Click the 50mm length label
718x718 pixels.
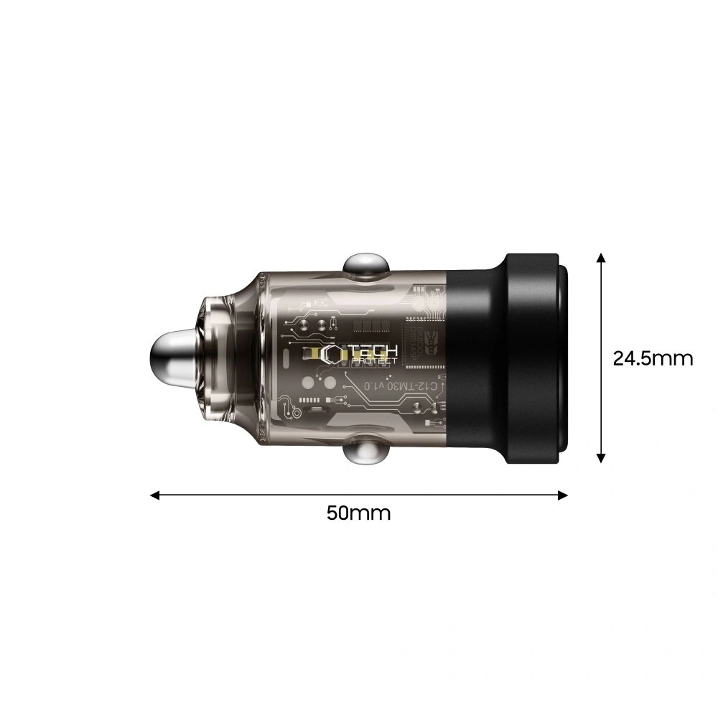pyautogui.click(x=358, y=513)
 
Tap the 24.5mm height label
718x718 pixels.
pyautogui.click(x=653, y=358)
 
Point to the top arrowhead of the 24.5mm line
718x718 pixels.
pyautogui.click(x=602, y=258)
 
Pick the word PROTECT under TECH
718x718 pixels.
pyautogui.click(x=373, y=361)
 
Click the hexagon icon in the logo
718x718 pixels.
pyautogui.click(x=333, y=354)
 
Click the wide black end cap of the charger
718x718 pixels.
pyautogui.click(x=535, y=358)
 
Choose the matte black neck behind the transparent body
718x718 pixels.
pyautogui.click(x=474, y=358)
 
